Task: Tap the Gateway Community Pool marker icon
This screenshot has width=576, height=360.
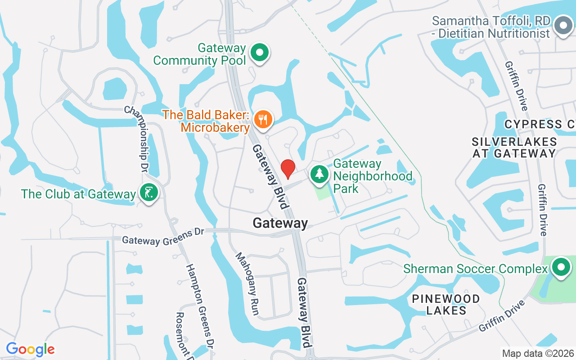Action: (x=259, y=53)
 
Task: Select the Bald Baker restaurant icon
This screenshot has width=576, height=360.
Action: (x=262, y=120)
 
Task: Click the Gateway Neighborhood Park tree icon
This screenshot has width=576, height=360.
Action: (x=319, y=174)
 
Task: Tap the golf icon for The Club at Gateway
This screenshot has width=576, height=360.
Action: (x=149, y=193)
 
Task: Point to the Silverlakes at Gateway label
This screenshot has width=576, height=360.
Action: (x=514, y=148)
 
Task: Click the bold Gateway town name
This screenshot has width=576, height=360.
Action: (x=280, y=223)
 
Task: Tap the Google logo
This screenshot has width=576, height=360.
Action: (x=30, y=349)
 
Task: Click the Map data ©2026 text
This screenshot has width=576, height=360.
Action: (x=538, y=353)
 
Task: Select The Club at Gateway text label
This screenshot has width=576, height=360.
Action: (x=78, y=194)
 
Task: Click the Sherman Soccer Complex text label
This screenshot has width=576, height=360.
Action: (x=475, y=269)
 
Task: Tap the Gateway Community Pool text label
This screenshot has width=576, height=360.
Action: (x=200, y=54)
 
